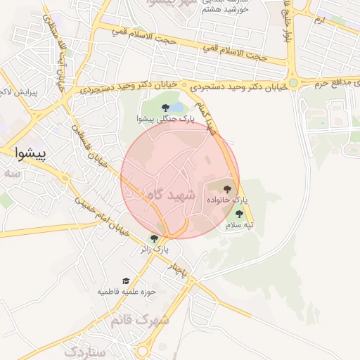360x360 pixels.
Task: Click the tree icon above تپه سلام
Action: click(x=239, y=214)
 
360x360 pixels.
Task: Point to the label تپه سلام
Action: click(x=239, y=226)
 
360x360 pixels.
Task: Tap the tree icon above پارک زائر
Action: click(x=154, y=238)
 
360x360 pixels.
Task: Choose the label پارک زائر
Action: click(x=155, y=249)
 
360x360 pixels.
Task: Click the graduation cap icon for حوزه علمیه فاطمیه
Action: click(x=126, y=281)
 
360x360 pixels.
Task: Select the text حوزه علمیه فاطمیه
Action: click(x=127, y=291)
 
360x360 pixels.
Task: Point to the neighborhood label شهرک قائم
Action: click(x=139, y=320)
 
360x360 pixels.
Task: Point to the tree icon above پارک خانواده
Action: click(x=226, y=188)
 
